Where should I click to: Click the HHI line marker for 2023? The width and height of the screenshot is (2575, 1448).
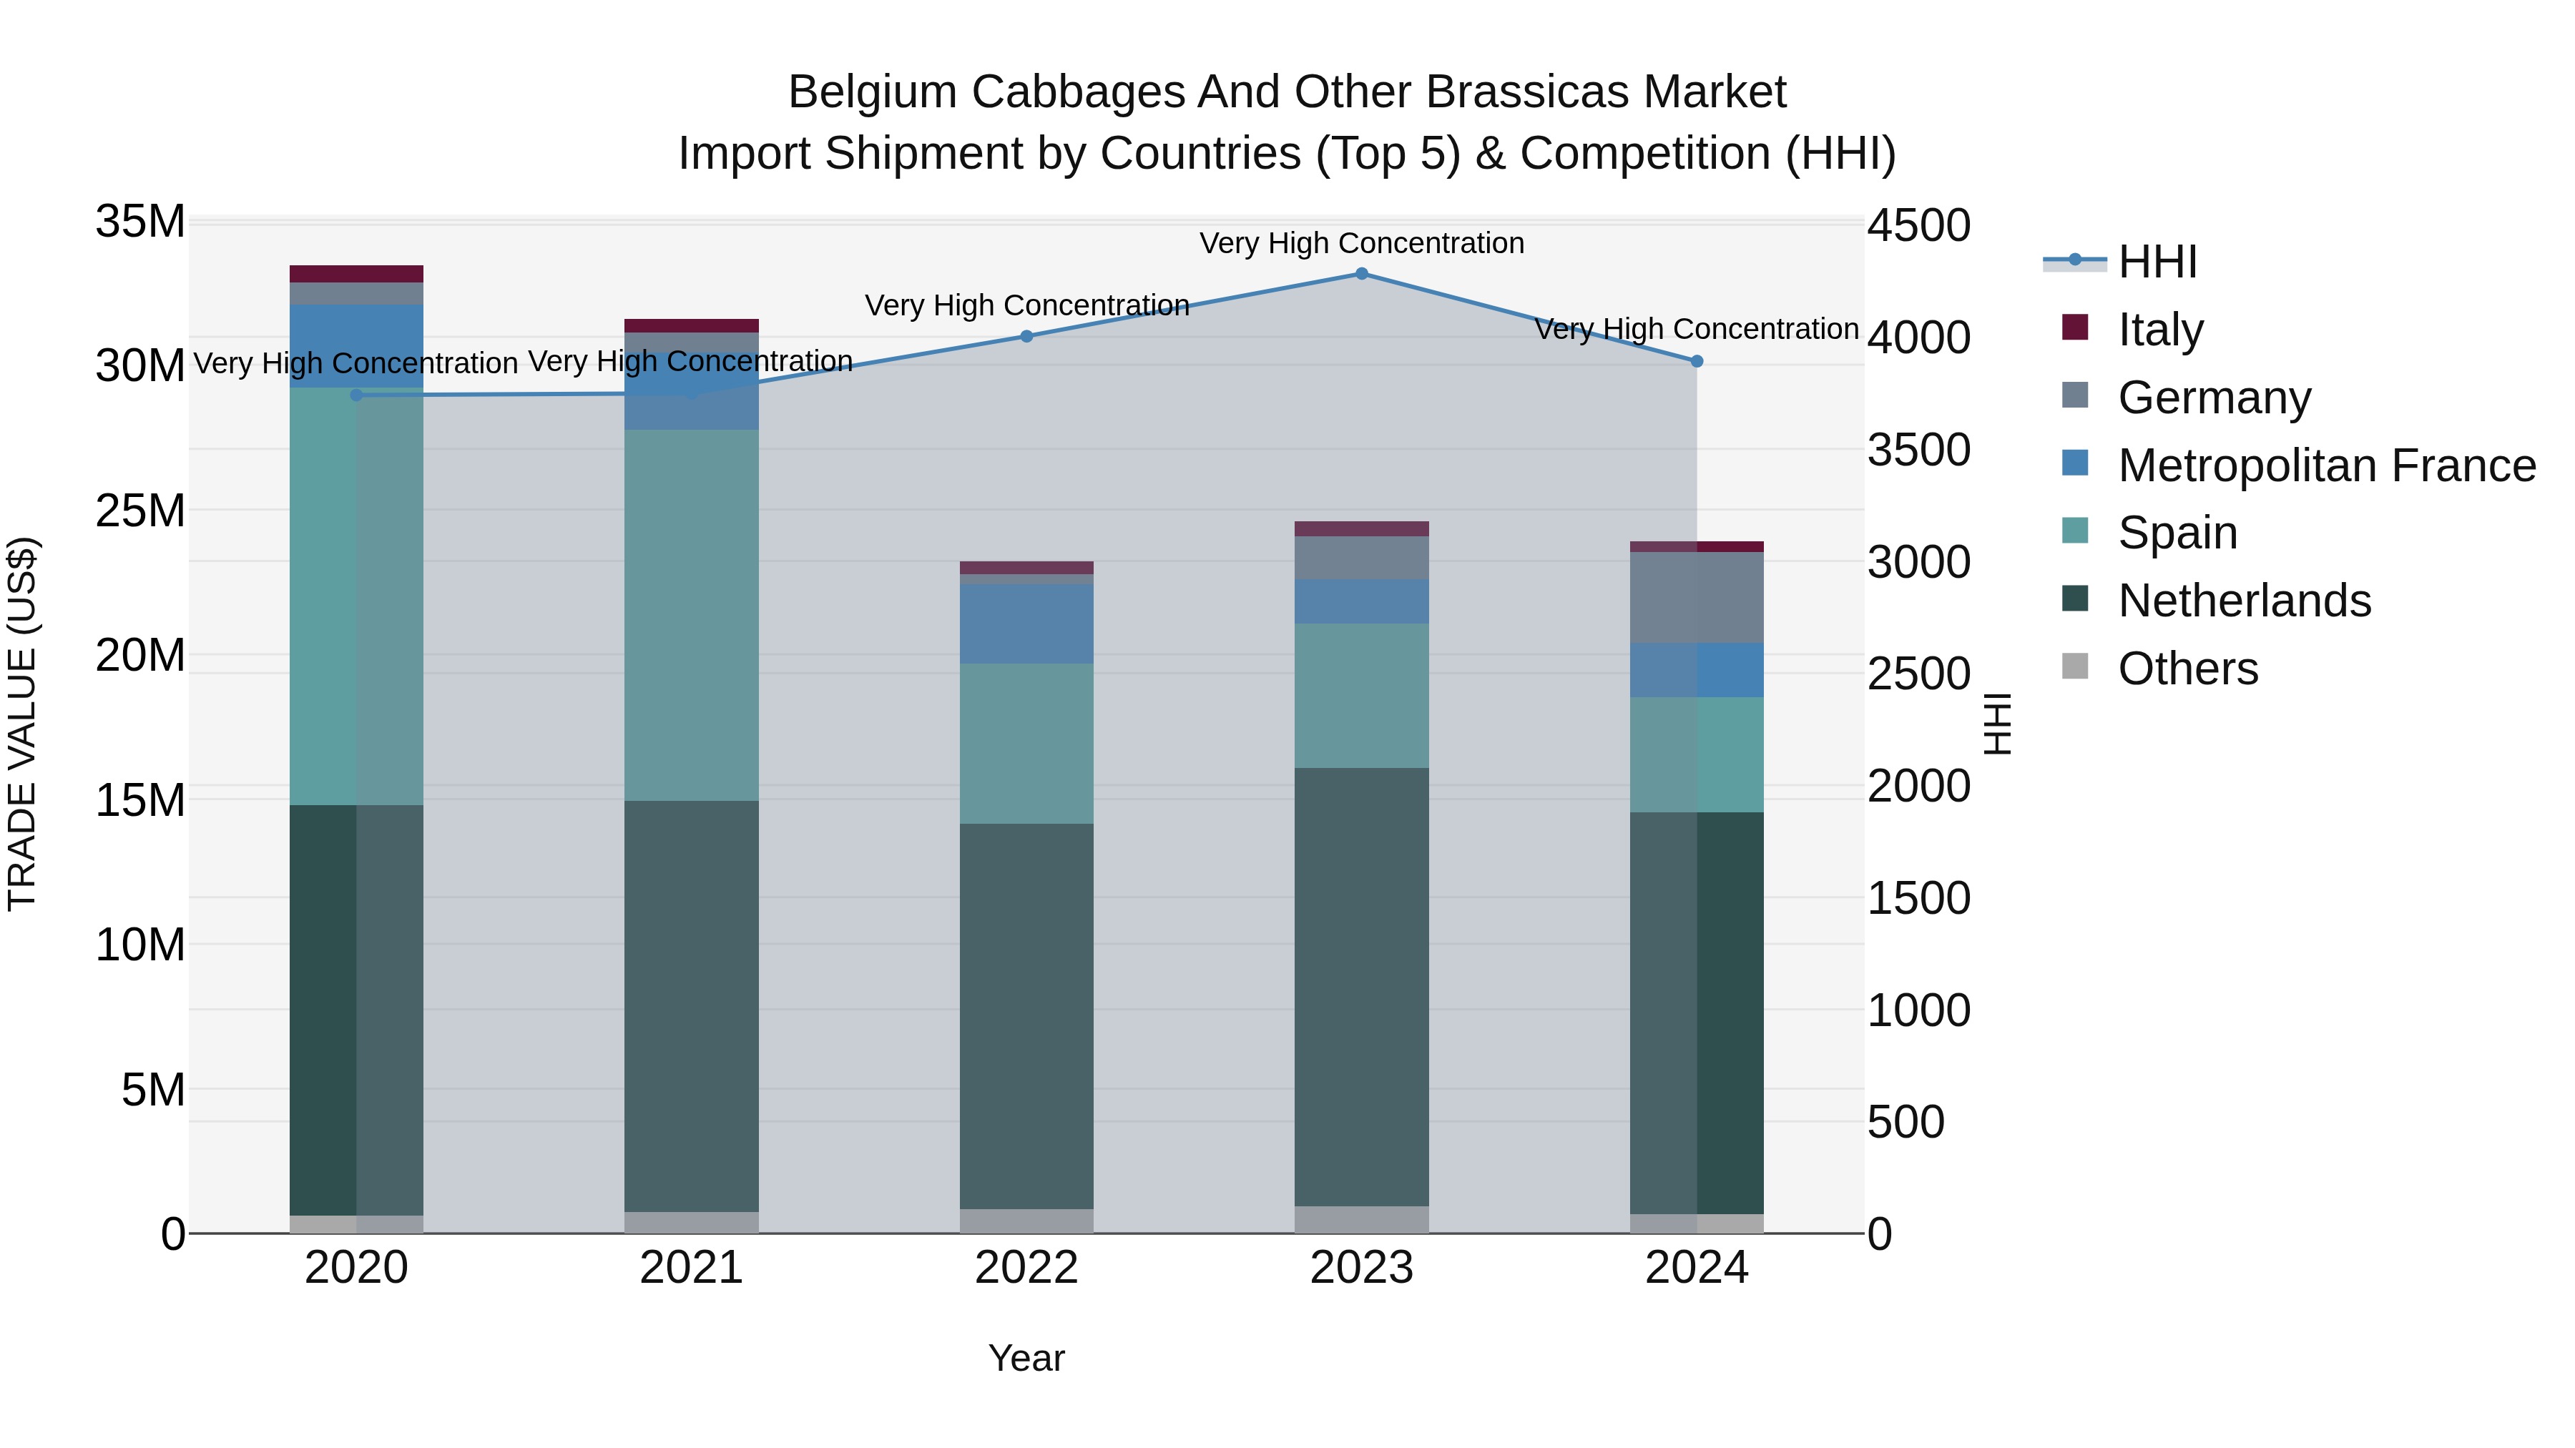[x=1361, y=273]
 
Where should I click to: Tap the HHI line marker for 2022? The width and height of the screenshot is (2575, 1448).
[x=1026, y=336]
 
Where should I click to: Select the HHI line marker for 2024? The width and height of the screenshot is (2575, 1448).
[x=1697, y=361]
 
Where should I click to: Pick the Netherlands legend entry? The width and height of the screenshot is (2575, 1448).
[x=2243, y=601]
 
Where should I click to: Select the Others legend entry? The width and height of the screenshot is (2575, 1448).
[x=2187, y=669]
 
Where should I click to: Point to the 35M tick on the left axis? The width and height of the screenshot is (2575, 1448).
[x=140, y=221]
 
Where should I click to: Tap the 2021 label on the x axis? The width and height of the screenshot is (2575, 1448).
[x=691, y=1268]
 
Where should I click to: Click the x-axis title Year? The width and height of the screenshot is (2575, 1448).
[x=1026, y=1358]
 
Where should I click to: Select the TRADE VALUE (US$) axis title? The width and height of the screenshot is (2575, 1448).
[x=22, y=724]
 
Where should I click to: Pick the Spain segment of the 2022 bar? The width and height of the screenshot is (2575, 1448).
[x=1026, y=744]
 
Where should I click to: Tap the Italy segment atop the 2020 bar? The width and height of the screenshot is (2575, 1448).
[x=357, y=274]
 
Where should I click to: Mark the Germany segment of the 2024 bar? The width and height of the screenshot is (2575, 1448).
[x=1697, y=598]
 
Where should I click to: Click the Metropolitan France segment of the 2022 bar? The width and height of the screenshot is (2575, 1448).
[x=1026, y=624]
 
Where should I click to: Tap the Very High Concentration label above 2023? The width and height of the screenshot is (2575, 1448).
[x=1361, y=243]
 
